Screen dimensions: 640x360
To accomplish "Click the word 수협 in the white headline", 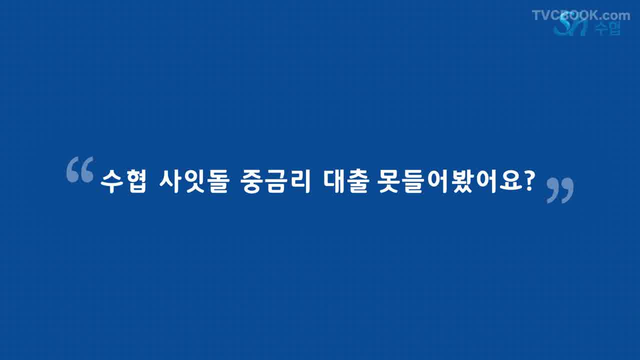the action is pos(123,181).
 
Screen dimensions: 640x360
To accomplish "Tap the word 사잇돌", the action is pos(194,181).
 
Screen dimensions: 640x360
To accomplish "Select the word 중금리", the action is pos(275,181).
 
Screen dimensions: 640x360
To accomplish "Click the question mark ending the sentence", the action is pos(527,181).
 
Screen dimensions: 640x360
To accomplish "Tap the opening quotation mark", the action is pos(80,169).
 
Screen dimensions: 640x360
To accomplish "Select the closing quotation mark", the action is pos(560,190).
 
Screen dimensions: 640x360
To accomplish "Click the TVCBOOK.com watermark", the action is pos(581,15).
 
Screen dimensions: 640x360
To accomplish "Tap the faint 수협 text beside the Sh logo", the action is pos(608,28).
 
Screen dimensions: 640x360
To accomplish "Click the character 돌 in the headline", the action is pos(218,181).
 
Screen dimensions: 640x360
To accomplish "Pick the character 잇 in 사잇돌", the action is pos(194,181).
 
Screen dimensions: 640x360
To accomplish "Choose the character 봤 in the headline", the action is pos(462,181).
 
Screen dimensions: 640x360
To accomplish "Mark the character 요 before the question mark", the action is pos(509,181).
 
